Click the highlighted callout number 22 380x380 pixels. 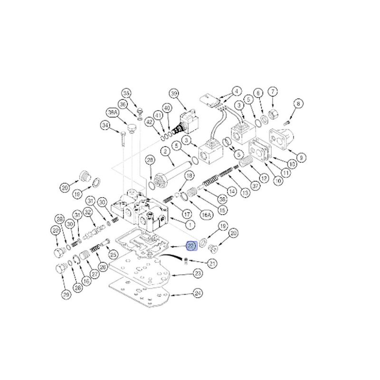pyautogui.click(x=190, y=246)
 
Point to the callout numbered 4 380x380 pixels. pyautogui.click(x=236, y=90)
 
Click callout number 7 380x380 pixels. pyautogui.click(x=273, y=91)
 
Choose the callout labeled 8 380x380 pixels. pyautogui.click(x=298, y=103)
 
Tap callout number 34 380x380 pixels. pyautogui.click(x=105, y=125)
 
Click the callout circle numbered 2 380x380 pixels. pyautogui.click(x=166, y=152)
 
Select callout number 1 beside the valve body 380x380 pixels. pyautogui.click(x=190, y=224)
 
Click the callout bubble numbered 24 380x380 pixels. pyautogui.click(x=198, y=294)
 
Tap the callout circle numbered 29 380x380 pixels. pyautogui.click(x=66, y=294)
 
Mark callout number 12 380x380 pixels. pyautogui.click(x=265, y=178)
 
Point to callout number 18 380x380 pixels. pyautogui.click(x=189, y=176)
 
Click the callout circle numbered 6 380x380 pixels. pyautogui.click(x=258, y=93)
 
